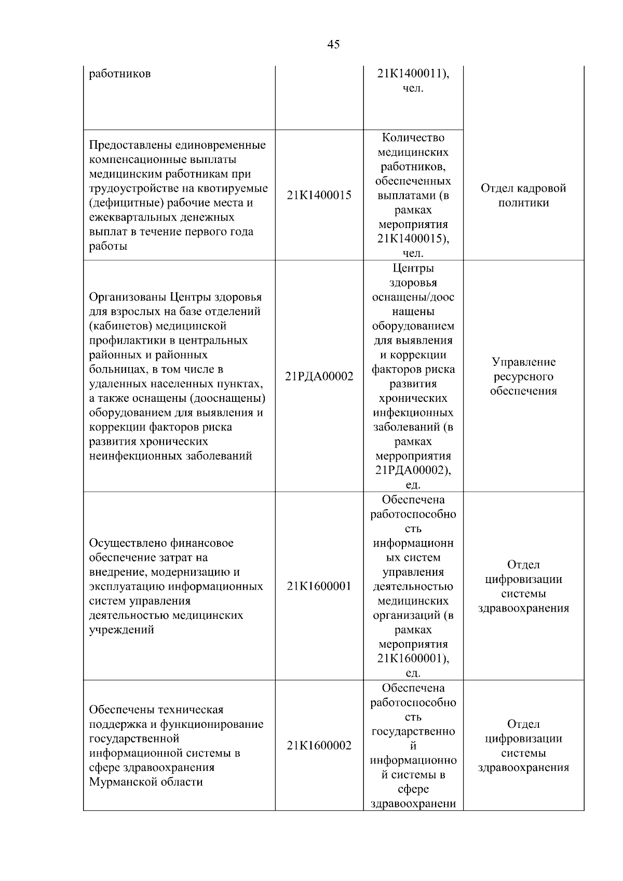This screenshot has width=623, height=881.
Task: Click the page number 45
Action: coord(333,44)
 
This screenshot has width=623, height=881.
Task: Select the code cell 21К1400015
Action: coord(319,195)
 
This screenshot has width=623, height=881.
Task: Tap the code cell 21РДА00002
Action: coord(319,376)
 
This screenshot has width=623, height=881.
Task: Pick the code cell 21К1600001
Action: coord(319,586)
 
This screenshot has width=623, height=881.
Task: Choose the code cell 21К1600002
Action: coord(319,746)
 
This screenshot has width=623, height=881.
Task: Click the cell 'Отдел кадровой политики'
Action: coord(523,195)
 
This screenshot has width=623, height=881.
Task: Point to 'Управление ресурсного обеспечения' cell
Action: coord(523,376)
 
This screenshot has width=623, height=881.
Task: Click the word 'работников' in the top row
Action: coord(120,74)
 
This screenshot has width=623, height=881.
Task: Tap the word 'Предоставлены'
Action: coord(127,145)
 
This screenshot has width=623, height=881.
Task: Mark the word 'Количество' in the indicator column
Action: coord(413,138)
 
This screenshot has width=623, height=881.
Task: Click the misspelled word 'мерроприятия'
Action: coord(413,456)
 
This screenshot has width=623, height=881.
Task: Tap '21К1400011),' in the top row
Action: coord(413,74)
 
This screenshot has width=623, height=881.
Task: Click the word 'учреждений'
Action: coord(121,630)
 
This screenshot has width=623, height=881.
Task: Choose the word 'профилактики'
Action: coord(125,341)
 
